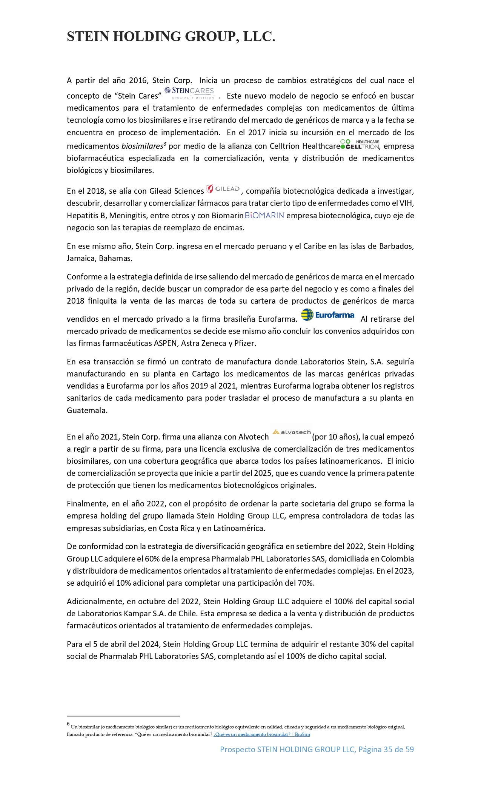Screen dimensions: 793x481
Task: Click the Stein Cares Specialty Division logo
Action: (x=190, y=92)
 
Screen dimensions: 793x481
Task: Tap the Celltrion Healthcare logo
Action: (x=360, y=145)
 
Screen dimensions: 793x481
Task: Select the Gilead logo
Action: (x=223, y=189)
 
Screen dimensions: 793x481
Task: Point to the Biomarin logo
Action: (x=264, y=216)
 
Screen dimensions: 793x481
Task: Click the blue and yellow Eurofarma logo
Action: (x=328, y=315)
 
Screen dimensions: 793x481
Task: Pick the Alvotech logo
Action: (x=291, y=432)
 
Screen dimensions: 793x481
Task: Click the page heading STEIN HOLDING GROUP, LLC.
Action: (x=171, y=36)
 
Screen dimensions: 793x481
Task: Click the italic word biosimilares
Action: (x=142, y=146)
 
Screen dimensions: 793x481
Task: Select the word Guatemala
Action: (x=87, y=410)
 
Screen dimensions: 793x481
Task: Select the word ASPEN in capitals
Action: (x=166, y=343)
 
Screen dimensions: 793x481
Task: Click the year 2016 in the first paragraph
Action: (x=138, y=80)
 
